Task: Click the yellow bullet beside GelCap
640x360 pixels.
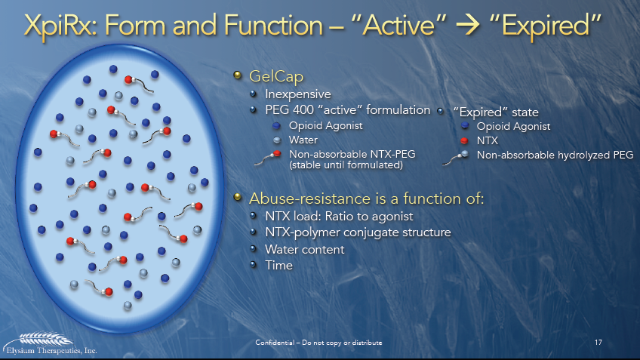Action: pos(238,75)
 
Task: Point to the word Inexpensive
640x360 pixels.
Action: pos(298,94)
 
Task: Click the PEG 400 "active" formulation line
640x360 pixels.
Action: pos(347,110)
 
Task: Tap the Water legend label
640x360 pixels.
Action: pos(303,140)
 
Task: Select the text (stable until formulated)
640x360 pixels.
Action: pos(336,164)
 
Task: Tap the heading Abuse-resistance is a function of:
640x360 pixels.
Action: pos(366,198)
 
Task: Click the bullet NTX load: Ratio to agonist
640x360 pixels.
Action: pos(337,217)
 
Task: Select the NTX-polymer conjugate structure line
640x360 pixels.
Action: pos(358,232)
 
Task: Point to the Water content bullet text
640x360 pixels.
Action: pos(304,249)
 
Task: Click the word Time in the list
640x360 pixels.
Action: pos(278,265)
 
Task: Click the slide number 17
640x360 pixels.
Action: pos(598,343)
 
